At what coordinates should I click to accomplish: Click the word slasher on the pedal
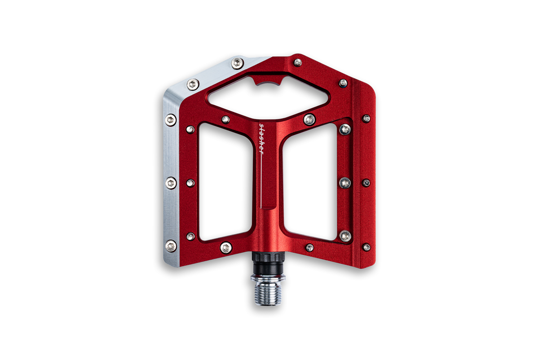click(261, 139)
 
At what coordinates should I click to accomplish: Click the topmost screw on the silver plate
click(238, 63)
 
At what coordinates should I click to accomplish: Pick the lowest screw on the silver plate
click(171, 246)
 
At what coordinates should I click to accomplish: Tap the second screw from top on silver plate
click(193, 84)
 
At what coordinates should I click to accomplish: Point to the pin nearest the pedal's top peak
click(298, 62)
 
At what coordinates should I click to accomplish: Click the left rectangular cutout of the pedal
click(225, 182)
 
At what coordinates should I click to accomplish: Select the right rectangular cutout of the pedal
click(310, 182)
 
